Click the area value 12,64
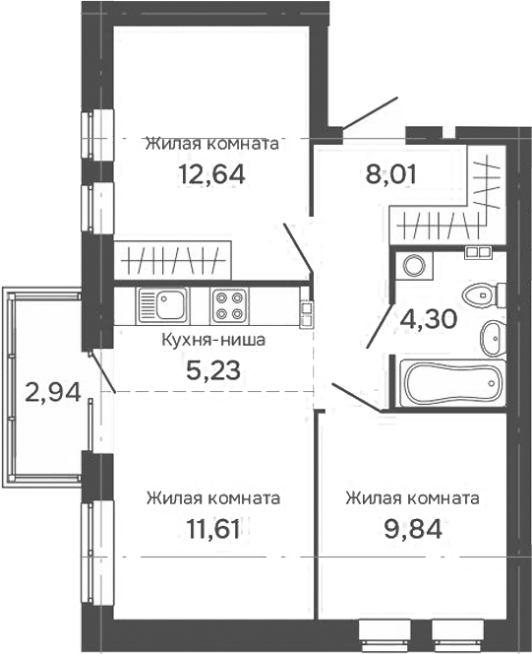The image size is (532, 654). point(211,174)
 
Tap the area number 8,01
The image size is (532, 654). point(390,174)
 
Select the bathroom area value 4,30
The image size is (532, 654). point(429,319)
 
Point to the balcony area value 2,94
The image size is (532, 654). point(53,392)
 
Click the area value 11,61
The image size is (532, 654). point(213,529)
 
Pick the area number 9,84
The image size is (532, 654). point(413,529)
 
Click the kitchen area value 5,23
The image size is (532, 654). point(213,370)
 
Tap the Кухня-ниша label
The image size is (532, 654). point(213,340)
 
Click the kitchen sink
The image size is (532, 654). point(163,305)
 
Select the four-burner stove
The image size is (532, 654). point(230,305)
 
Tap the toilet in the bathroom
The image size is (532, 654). point(484,295)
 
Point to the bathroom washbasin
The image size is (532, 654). point(494,338)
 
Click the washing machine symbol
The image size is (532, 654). point(414,265)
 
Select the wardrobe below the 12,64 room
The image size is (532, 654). point(172,260)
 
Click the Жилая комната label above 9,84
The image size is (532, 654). point(413,498)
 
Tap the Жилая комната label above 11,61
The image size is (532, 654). point(213,498)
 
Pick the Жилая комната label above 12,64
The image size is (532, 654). point(211,144)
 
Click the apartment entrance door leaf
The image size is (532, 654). point(370,112)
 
